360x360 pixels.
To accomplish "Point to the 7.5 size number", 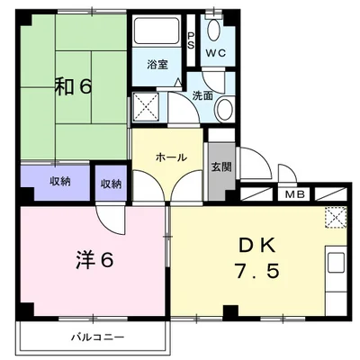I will [x=257, y=271].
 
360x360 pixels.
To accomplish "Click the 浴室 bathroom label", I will [x=158, y=65].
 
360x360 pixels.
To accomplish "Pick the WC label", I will [x=215, y=53].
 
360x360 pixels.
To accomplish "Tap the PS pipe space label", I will [x=190, y=40].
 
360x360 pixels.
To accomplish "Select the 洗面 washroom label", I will [x=202, y=94].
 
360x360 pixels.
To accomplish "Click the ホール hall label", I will [x=171, y=157].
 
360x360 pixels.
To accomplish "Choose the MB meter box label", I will [x=293, y=194].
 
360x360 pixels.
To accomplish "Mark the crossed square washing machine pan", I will [x=145, y=108].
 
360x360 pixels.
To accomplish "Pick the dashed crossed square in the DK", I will [x=335, y=217].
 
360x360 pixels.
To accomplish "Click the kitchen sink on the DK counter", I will [x=337, y=264].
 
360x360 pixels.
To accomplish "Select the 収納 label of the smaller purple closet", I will [x=111, y=184].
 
